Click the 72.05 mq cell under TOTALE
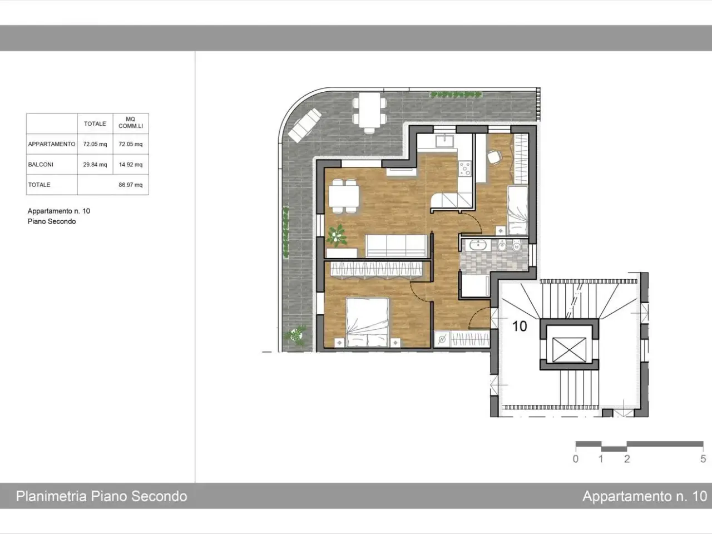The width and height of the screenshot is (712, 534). point(95,144)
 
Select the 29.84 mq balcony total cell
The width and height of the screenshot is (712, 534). point(95,165)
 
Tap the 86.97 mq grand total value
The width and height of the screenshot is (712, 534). point(130,185)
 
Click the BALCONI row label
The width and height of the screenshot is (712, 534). point(41,165)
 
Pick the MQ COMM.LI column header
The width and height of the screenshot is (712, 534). point(131,123)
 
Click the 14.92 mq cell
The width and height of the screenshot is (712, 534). point(130,165)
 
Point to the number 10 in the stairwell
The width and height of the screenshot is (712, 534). point(520,326)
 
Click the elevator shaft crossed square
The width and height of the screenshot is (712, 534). point(569,349)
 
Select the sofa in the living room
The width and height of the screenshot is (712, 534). point(396,246)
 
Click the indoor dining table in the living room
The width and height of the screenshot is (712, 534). point(344,196)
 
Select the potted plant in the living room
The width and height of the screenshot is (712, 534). point(337,235)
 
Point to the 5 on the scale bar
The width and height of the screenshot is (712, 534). point(703,459)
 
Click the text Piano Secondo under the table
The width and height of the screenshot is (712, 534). point(52,221)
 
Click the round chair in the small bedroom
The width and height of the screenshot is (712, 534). point(495,157)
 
